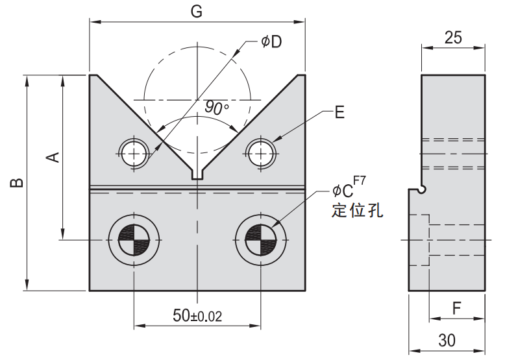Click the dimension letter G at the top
click(197, 11)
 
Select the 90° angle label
click(217, 108)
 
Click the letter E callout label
click(339, 113)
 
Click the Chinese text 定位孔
click(357, 211)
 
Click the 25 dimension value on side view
click(453, 38)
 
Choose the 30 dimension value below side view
click(447, 340)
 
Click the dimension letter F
click(456, 308)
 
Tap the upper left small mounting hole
click(134, 153)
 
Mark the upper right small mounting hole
click(261, 153)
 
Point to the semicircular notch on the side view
click(422, 189)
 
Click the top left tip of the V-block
click(93, 77)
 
